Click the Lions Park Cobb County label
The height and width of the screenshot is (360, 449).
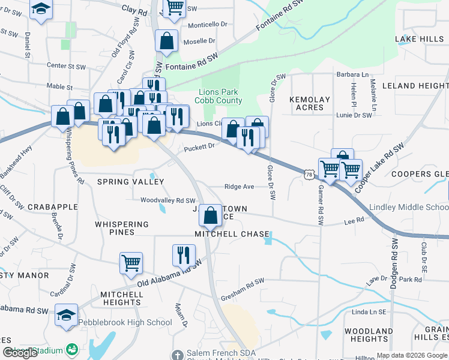coord(218,97)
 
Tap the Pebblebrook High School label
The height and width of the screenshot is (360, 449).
coord(125,322)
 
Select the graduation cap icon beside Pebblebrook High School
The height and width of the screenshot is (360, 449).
coord(66,314)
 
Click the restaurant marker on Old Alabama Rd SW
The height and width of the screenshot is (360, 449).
coord(184,254)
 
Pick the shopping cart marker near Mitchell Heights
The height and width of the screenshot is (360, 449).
coord(131,262)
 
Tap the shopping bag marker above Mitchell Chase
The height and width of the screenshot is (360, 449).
coord(210,215)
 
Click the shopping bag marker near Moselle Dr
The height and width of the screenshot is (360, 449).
coord(166,41)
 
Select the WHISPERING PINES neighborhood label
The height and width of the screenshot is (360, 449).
coord(122,224)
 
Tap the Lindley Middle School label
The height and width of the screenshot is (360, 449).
coord(409,207)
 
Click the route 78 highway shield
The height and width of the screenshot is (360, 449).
coord(309,174)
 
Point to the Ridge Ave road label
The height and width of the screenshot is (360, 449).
coord(239,187)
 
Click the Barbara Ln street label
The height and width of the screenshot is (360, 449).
coord(352,74)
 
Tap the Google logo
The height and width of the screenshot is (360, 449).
coord(20,353)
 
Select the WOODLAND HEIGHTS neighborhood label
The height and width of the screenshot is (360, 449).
coord(369,335)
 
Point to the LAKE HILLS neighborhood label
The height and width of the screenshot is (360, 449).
coord(419,39)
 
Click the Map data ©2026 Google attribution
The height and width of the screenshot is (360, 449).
coord(411,355)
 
